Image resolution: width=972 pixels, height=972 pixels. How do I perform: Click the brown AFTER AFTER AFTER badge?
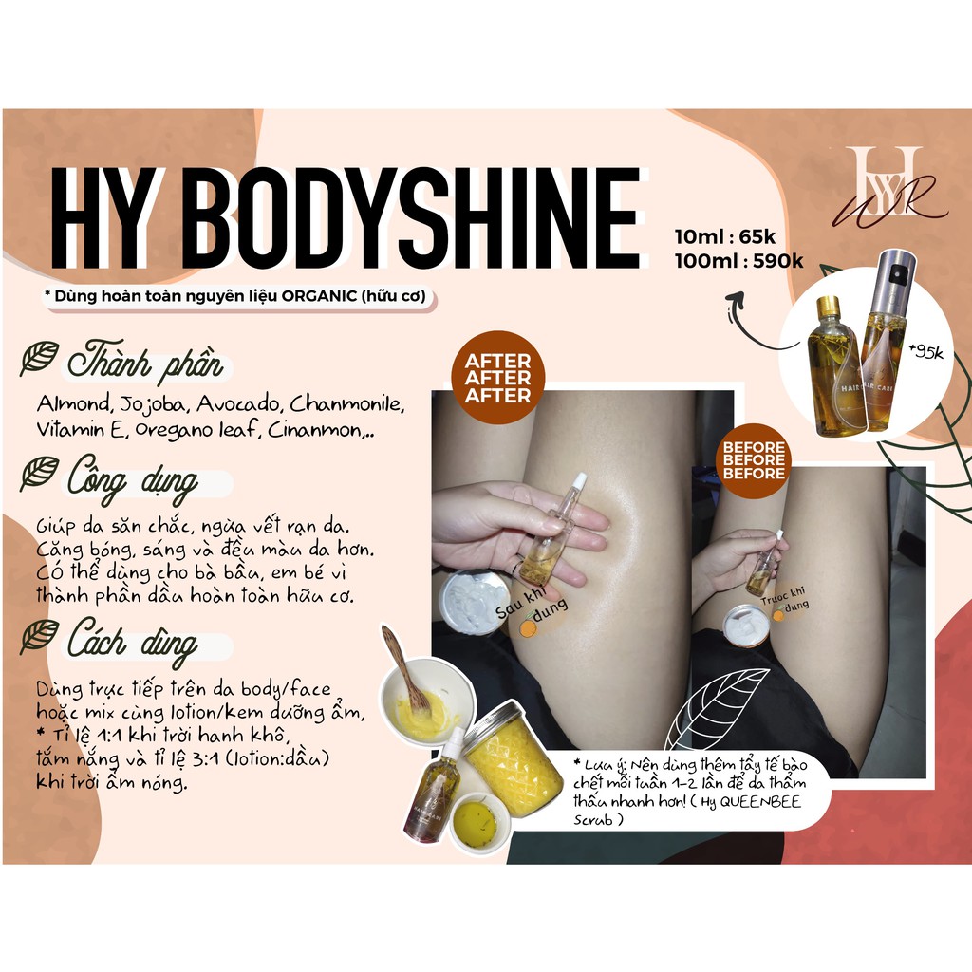click(x=498, y=378)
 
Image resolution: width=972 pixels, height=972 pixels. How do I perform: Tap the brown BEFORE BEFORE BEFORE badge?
click(x=753, y=460)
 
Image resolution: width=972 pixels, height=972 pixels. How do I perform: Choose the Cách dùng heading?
click(x=132, y=641)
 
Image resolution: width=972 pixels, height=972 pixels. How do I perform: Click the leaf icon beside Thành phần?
click(x=39, y=358)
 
